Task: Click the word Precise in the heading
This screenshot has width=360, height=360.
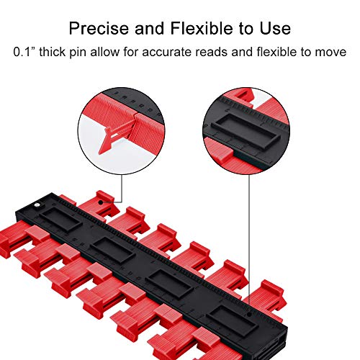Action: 99,28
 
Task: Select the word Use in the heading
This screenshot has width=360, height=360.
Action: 275,28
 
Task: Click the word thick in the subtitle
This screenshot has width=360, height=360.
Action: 52,52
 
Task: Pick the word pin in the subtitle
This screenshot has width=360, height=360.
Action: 78,53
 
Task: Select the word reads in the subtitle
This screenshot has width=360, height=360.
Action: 211,52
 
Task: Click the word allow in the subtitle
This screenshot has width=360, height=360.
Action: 104,52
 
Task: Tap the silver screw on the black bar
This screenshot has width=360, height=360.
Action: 37,205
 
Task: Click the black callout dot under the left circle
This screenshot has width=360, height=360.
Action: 101,202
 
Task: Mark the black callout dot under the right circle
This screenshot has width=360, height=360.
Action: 249,314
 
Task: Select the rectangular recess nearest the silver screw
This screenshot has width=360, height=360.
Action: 60,220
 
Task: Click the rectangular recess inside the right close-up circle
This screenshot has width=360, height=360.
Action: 246,131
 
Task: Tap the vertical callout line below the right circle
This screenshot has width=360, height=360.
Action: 249,243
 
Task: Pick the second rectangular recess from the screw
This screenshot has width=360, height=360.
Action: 112,251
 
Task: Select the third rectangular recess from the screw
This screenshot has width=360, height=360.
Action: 169,283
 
